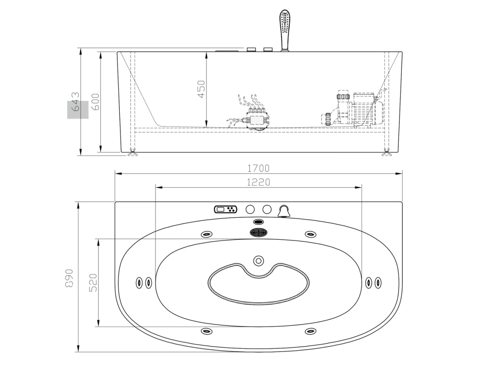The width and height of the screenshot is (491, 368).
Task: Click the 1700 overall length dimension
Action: [x=258, y=168]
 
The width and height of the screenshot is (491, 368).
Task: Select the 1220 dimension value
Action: [x=258, y=182]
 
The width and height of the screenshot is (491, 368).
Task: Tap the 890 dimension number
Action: [x=69, y=278]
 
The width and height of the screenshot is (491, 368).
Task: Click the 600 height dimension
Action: [x=96, y=102]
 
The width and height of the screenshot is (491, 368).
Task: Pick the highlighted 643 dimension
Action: [x=76, y=102]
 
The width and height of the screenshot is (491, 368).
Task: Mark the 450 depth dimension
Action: [x=202, y=89]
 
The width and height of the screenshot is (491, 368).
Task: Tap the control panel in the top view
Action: [x=225, y=209]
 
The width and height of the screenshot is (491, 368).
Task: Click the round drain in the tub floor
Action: [x=258, y=261]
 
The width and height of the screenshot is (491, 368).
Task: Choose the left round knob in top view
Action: [x=250, y=209]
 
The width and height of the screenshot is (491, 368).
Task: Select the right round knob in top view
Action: [x=267, y=209]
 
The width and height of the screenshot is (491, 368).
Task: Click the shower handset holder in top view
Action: [x=283, y=211]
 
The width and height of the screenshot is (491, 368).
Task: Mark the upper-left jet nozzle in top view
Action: [x=207, y=234]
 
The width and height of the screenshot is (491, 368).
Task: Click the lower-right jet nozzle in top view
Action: [x=310, y=331]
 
